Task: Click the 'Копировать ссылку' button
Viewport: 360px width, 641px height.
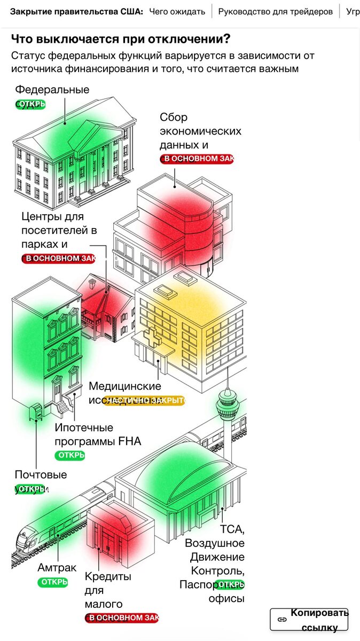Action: click(x=309, y=620)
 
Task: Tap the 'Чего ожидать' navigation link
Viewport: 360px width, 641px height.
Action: click(x=177, y=11)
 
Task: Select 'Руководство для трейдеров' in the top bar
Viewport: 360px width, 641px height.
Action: click(x=275, y=11)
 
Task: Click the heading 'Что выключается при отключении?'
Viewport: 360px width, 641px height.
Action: click(x=121, y=39)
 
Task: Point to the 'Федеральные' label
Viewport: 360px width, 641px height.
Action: click(x=52, y=90)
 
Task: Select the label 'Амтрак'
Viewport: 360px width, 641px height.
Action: click(x=57, y=568)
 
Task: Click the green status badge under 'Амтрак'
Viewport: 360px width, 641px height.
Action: click(x=53, y=582)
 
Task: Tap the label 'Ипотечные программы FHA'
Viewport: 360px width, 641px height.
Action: click(x=97, y=434)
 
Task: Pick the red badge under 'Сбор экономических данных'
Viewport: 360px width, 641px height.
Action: click(x=197, y=159)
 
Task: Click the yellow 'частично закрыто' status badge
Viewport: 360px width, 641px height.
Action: click(x=144, y=400)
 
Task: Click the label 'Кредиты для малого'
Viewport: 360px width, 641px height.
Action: click(x=108, y=590)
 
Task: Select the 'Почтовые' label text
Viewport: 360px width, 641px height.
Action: click(x=41, y=475)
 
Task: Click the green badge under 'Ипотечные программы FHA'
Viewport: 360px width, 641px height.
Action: click(x=70, y=456)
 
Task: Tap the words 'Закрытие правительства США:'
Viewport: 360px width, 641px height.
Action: click(x=77, y=11)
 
